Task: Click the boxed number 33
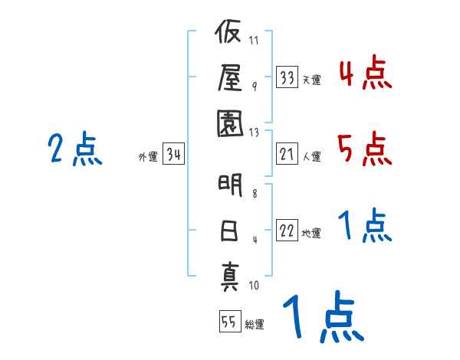pyautogui.click(x=287, y=77)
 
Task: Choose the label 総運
pyautogui.click(x=255, y=324)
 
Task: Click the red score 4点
pyautogui.click(x=364, y=74)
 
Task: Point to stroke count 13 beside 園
pyautogui.click(x=255, y=132)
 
